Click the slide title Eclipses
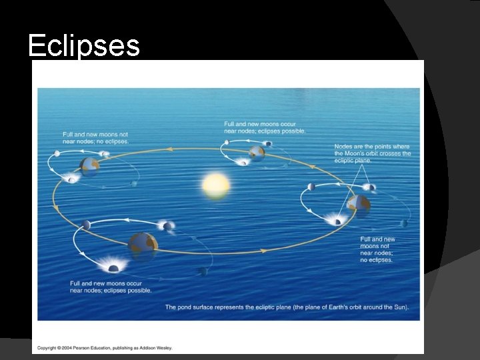pyautogui.click(x=83, y=46)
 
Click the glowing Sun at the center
pyautogui.click(x=215, y=184)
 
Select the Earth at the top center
pyautogui.click(x=257, y=153)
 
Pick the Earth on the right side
pyautogui.click(x=359, y=203)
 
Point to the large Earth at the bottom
pyautogui.click(x=143, y=243)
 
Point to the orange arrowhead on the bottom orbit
pyautogui.click(x=264, y=251)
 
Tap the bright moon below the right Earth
pyautogui.click(x=337, y=220)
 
